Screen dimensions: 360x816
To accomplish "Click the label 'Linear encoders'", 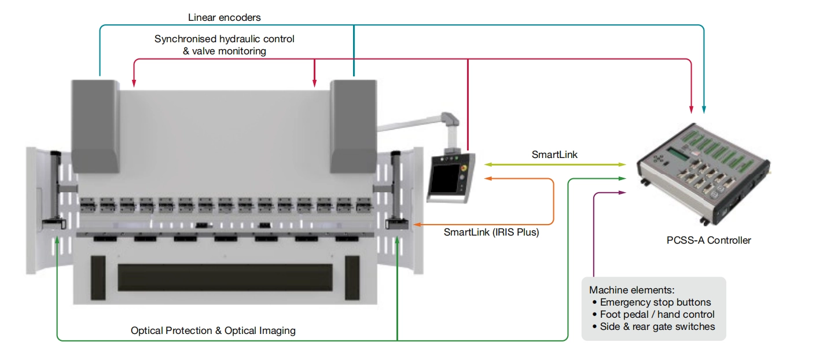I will pyautogui.click(x=224, y=17).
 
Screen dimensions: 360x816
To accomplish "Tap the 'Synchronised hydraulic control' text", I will pyautogui.click(x=224, y=39).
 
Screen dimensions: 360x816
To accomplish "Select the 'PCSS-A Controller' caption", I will pyautogui.click(x=708, y=240).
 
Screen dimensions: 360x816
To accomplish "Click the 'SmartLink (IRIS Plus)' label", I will pyautogui.click(x=491, y=233).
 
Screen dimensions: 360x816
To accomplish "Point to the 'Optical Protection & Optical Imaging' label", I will pyautogui.click(x=213, y=330).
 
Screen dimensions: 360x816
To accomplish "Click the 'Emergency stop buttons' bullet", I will pyautogui.click(x=655, y=302).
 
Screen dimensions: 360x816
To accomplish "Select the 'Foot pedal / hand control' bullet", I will pyautogui.click(x=657, y=314).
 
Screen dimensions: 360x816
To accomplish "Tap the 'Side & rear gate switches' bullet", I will pyautogui.click(x=657, y=326).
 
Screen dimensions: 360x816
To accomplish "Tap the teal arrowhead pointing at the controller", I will pyautogui.click(x=704, y=109).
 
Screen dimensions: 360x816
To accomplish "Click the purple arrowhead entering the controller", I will pyautogui.click(x=623, y=192).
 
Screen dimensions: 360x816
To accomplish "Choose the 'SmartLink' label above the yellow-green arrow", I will pyautogui.click(x=554, y=155).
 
